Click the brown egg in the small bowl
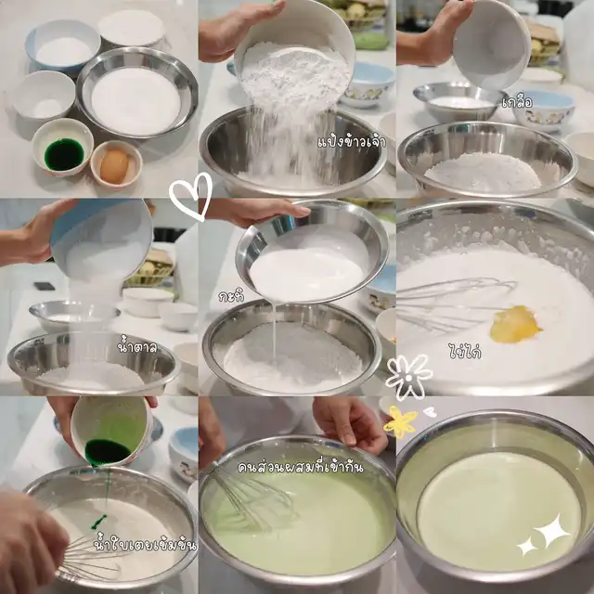click(x=114, y=165)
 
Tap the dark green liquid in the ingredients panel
click(x=64, y=154)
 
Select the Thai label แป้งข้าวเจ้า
click(x=352, y=141)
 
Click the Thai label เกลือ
click(x=517, y=102)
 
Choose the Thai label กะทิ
click(x=231, y=296)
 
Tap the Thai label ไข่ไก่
click(x=464, y=351)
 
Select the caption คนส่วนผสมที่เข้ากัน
click(x=300, y=467)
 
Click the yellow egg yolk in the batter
click(x=515, y=324)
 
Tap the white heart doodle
click(x=190, y=195)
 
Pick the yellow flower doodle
click(x=400, y=422)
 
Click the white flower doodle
click(x=408, y=377)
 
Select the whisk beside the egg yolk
click(x=455, y=304)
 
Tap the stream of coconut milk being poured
click(x=275, y=329)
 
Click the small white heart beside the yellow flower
click(x=430, y=412)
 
